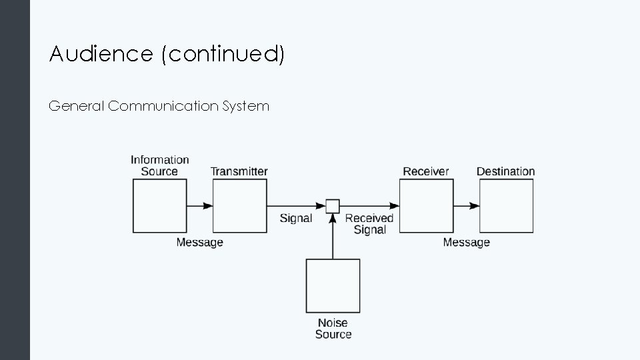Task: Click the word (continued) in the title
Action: point(223,55)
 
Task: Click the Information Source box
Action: point(159,206)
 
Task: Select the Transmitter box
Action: point(239,206)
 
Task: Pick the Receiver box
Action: point(426,206)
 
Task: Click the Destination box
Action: point(506,206)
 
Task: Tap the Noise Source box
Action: point(333,286)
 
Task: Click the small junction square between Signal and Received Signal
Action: point(333,206)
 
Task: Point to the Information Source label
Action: point(159,165)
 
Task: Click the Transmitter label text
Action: point(239,171)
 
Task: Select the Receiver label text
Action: point(426,171)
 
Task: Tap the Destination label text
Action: point(505,171)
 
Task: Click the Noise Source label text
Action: point(333,329)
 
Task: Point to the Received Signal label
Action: point(369,224)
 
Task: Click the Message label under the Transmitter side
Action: point(199,243)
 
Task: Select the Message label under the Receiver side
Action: point(466,243)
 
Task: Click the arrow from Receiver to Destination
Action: point(466,206)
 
